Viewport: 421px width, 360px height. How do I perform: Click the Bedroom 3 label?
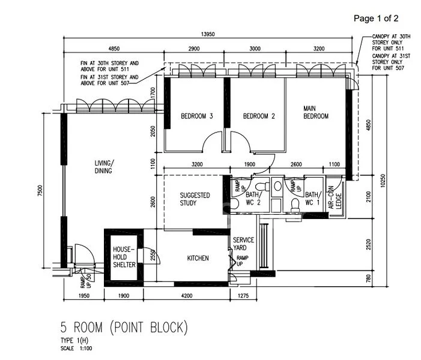click(197, 116)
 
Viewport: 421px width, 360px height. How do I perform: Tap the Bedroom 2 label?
click(259, 116)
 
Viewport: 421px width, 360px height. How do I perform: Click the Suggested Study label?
click(195, 199)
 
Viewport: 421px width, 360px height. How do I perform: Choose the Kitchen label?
click(198, 258)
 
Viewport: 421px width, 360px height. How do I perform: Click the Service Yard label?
click(243, 244)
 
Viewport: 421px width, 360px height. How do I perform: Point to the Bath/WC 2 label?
click(253, 198)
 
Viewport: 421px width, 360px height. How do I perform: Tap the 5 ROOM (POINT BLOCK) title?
click(124, 328)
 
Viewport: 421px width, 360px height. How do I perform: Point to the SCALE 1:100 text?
click(76, 348)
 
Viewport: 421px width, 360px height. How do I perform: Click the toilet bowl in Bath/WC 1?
click(294, 205)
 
